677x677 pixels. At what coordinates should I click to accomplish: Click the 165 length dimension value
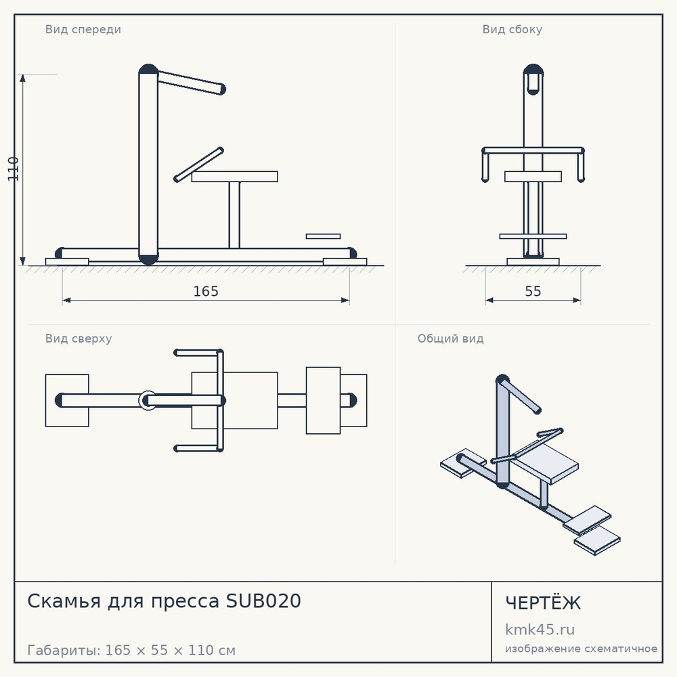click(x=206, y=291)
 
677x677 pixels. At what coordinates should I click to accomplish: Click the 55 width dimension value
click(x=533, y=291)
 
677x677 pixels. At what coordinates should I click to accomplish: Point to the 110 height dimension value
click(x=14, y=169)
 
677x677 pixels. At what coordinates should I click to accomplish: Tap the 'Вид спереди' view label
click(x=83, y=29)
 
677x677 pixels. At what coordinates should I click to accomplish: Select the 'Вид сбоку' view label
click(x=512, y=29)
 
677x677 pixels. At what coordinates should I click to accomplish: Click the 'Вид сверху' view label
click(x=79, y=338)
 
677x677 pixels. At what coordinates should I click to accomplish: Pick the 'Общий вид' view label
click(x=450, y=338)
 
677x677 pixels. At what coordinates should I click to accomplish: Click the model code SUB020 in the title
click(x=263, y=601)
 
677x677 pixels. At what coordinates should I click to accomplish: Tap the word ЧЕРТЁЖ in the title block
click(x=543, y=603)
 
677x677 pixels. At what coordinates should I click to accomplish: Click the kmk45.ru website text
click(x=540, y=630)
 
